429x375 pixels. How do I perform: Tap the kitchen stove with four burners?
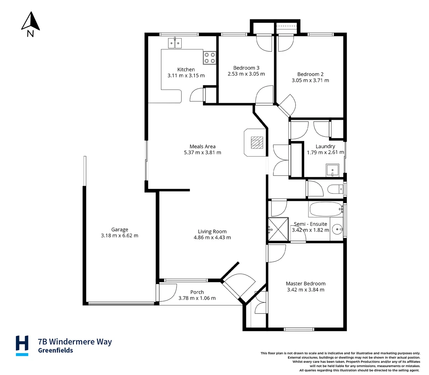209,58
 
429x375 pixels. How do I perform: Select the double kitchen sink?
175,43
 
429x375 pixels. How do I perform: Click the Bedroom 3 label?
246,68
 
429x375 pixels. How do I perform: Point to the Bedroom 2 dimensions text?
310,80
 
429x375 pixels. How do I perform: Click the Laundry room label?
325,146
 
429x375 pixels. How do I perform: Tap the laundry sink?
333,170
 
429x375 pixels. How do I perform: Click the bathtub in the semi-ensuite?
325,209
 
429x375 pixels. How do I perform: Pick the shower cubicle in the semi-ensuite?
278,229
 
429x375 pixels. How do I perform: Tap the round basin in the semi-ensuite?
337,229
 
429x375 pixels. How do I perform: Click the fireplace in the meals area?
257,142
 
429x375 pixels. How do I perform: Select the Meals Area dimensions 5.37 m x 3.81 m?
203,152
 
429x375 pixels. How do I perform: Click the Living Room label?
212,231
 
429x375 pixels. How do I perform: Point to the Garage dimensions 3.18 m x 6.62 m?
119,235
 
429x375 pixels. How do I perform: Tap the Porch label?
197,292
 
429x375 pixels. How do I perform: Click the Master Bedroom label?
306,283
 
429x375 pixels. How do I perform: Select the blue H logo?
22,345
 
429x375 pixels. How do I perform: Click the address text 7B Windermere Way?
75,342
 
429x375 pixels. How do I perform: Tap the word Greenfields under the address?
56,350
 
